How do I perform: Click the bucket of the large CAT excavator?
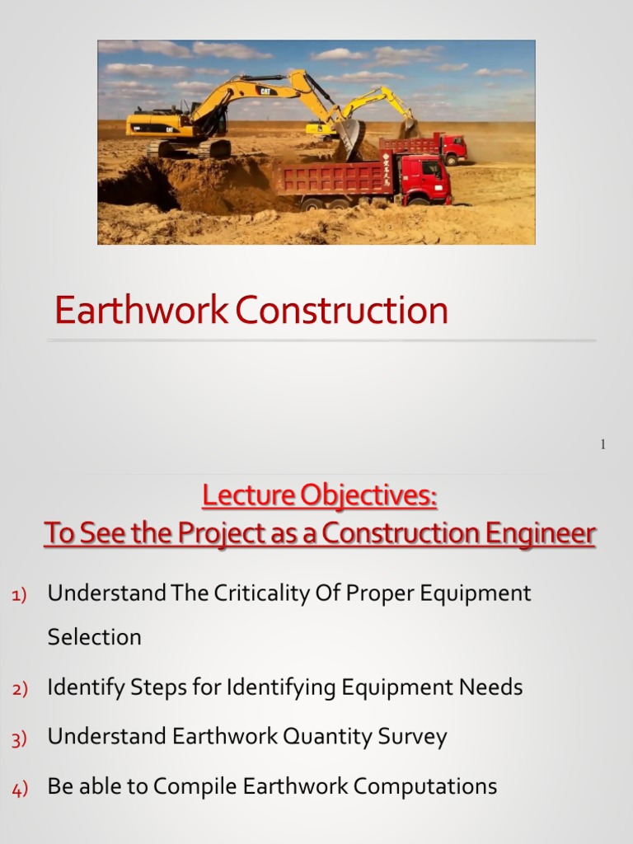[x=349, y=138]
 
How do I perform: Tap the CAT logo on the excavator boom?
[x=266, y=91]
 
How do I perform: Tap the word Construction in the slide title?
[x=341, y=312]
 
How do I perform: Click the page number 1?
[x=603, y=445]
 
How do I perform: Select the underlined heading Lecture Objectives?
[x=320, y=497]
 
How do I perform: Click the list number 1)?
[x=19, y=595]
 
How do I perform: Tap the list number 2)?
[x=19, y=689]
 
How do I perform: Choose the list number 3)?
[x=19, y=738]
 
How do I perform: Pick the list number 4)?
[x=19, y=789]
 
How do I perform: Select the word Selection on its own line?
[x=94, y=637]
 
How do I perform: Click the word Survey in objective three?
[x=412, y=737]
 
